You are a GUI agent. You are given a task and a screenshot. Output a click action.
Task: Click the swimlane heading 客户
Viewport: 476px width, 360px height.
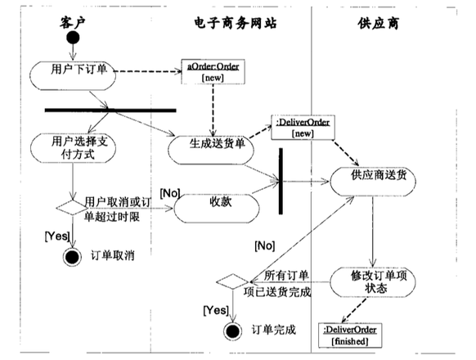click(x=72, y=23)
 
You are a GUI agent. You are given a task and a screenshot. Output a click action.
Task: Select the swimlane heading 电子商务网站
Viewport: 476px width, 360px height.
click(x=236, y=23)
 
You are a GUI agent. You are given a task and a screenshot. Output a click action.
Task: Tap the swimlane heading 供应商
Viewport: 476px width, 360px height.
click(x=378, y=24)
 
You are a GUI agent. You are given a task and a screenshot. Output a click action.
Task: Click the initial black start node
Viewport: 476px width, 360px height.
click(x=73, y=38)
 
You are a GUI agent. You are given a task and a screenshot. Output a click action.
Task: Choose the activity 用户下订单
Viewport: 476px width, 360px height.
click(x=73, y=75)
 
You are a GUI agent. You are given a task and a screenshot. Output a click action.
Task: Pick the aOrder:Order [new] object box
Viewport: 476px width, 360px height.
click(x=213, y=72)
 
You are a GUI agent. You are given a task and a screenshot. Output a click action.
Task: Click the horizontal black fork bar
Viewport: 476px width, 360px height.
click(x=110, y=110)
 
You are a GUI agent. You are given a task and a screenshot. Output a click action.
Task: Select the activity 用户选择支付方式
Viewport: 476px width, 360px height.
click(x=73, y=148)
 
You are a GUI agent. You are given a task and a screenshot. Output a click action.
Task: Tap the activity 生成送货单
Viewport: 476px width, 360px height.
click(x=211, y=151)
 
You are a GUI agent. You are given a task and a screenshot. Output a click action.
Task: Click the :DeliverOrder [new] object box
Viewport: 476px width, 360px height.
click(x=303, y=128)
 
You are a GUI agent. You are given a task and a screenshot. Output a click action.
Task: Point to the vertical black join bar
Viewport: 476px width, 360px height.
click(x=281, y=181)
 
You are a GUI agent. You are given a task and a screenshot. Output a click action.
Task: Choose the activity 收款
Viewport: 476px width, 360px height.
click(x=217, y=209)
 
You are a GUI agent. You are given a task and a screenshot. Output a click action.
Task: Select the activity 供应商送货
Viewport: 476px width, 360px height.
click(x=373, y=182)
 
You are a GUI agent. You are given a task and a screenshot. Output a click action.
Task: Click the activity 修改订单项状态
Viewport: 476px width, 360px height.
click(x=372, y=282)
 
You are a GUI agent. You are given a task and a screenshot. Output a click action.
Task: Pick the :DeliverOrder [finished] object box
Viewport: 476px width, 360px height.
click(x=350, y=335)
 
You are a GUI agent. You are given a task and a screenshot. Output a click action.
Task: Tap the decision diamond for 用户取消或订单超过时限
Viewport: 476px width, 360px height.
click(x=72, y=208)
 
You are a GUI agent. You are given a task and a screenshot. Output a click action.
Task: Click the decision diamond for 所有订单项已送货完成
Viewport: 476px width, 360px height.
click(x=232, y=281)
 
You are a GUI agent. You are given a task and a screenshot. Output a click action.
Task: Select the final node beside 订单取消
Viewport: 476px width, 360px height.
click(x=72, y=257)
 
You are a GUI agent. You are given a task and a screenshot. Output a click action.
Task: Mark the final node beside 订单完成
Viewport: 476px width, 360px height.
click(x=233, y=331)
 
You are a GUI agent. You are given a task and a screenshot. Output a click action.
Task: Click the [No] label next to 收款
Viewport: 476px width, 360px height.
click(x=170, y=193)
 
